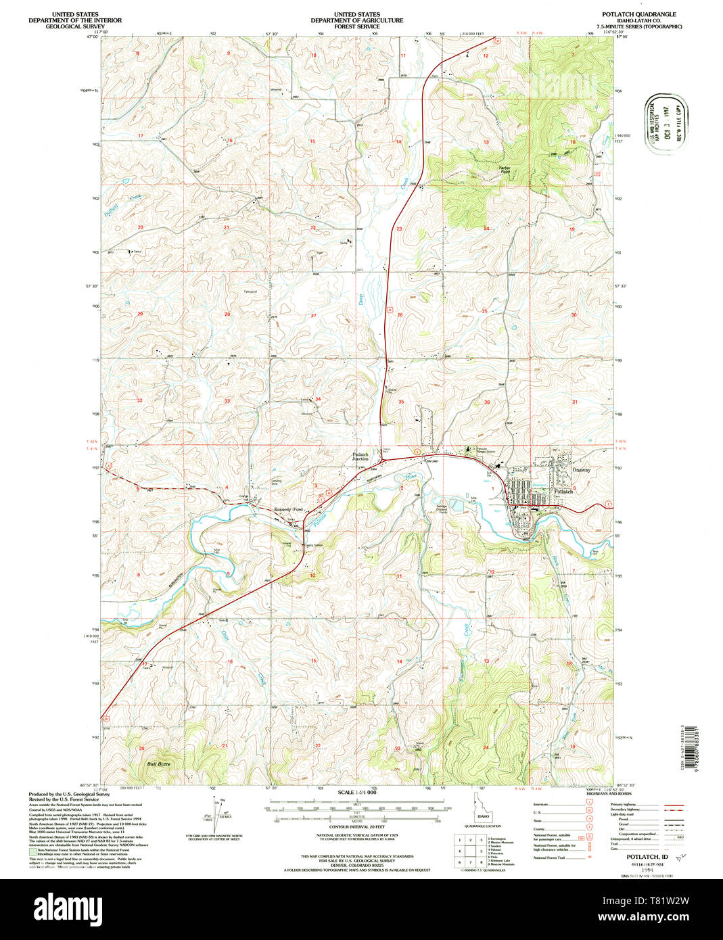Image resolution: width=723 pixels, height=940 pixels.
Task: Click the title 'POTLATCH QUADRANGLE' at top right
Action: pyautogui.click(x=639, y=14)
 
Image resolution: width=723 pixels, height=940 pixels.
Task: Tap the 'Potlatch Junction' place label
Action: pyautogui.click(x=360, y=457)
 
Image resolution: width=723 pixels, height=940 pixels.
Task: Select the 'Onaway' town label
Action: pyautogui.click(x=581, y=469)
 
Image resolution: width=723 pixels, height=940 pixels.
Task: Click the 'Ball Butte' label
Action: pyautogui.click(x=160, y=764)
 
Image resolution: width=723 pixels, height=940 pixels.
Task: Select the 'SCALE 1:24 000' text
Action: pyautogui.click(x=356, y=792)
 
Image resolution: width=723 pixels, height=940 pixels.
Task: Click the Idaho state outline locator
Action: pyautogui.click(x=482, y=809)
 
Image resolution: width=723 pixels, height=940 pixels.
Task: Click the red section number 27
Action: pyautogui.click(x=313, y=316)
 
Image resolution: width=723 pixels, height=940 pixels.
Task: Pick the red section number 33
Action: pyautogui.click(x=227, y=401)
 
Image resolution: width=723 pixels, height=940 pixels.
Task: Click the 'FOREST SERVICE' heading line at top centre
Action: pyautogui.click(x=356, y=26)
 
